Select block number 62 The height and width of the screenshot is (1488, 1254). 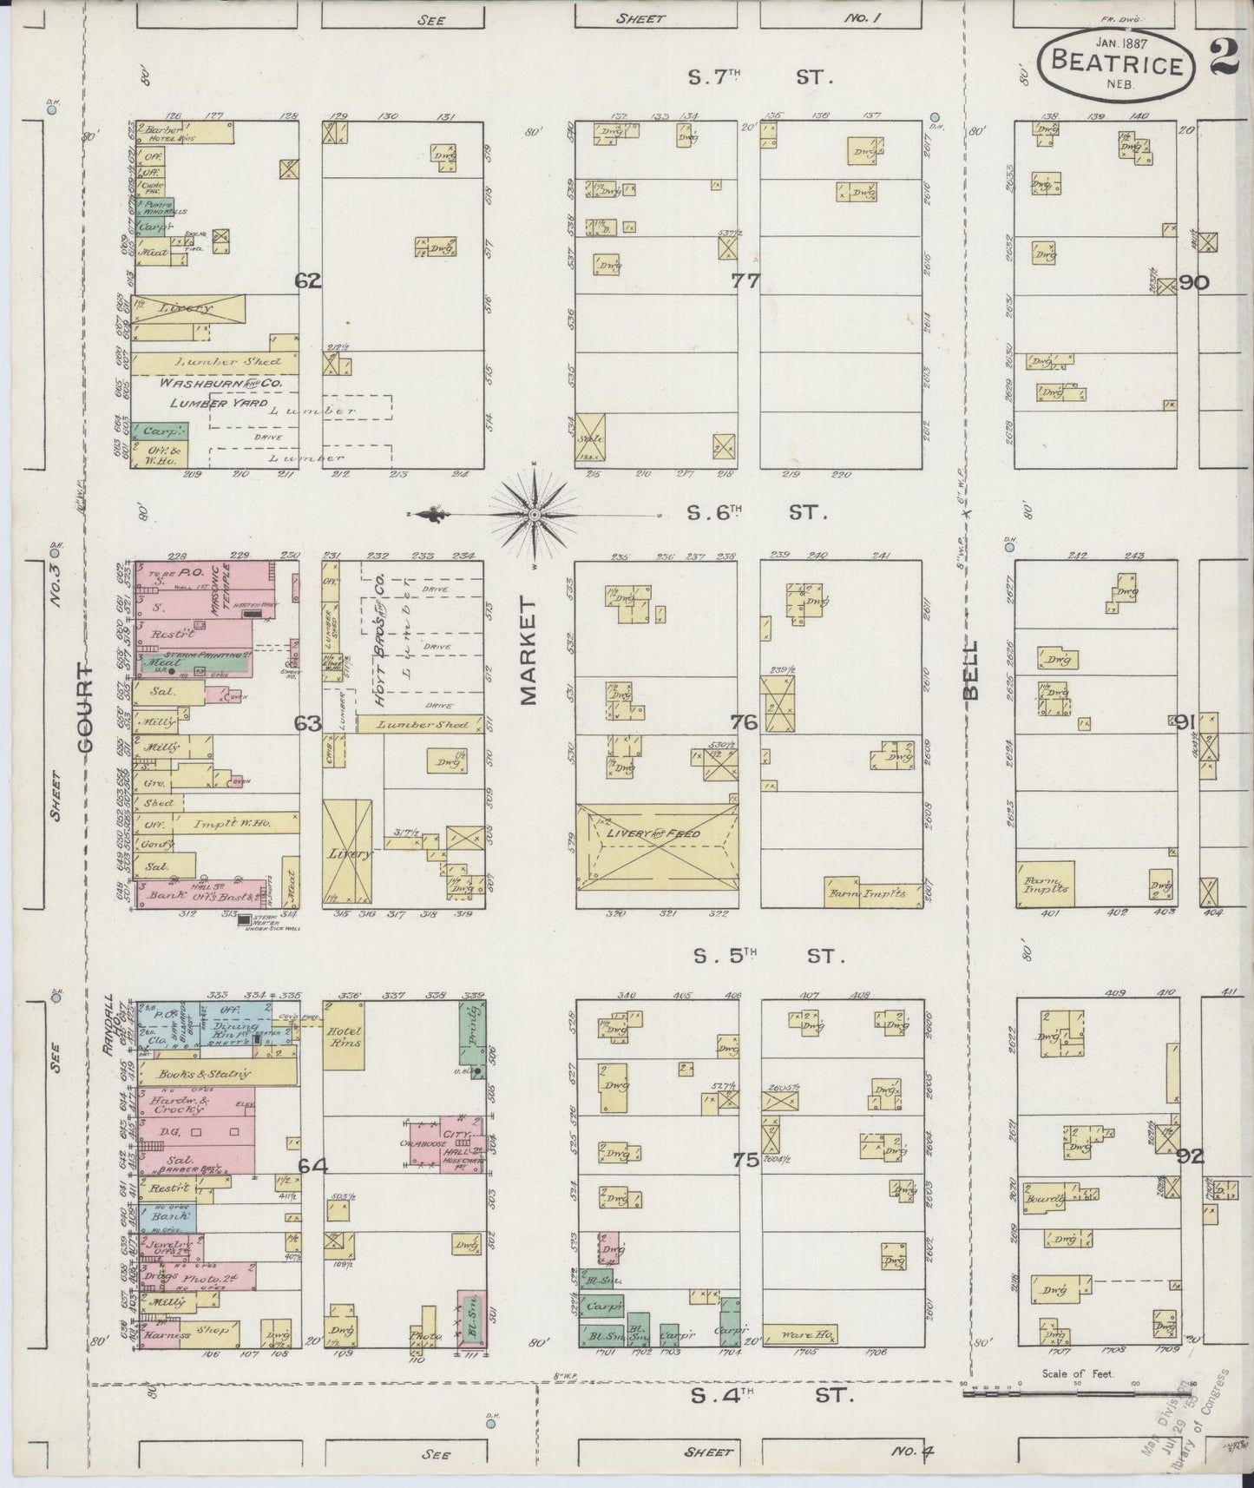pos(307,280)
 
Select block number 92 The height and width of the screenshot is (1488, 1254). pos(1191,1156)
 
